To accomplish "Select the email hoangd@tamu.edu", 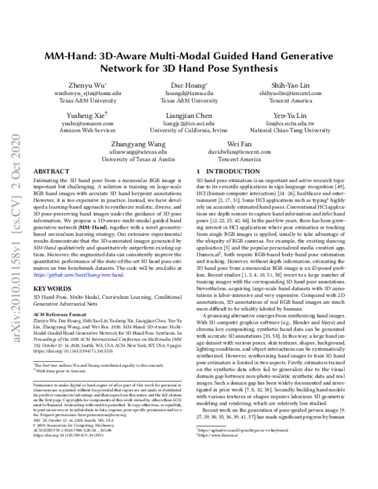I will click(187, 93).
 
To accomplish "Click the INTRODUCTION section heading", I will click(212, 171).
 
